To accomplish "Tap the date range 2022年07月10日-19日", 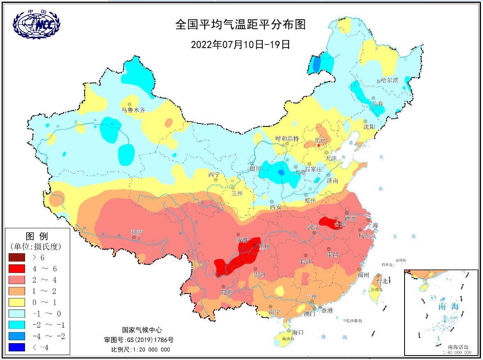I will (x=241, y=44).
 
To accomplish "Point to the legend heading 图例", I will (x=37, y=236).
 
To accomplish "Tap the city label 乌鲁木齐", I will (x=133, y=110).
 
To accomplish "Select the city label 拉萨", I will (x=137, y=232).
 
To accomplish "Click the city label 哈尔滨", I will (x=389, y=80).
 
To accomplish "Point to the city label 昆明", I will (x=227, y=292).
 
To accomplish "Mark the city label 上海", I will (x=373, y=225).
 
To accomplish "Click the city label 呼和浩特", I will (x=287, y=139).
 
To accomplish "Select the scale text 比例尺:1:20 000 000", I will (x=140, y=349).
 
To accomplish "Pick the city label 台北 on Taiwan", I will (x=382, y=281).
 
